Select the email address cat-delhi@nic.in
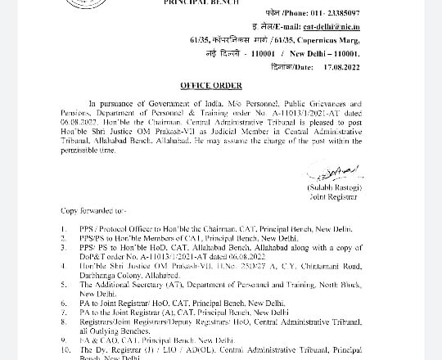click(331, 26)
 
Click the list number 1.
click(64, 229)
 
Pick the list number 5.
click(64, 285)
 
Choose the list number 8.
click(64, 322)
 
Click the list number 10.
click(65, 349)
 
